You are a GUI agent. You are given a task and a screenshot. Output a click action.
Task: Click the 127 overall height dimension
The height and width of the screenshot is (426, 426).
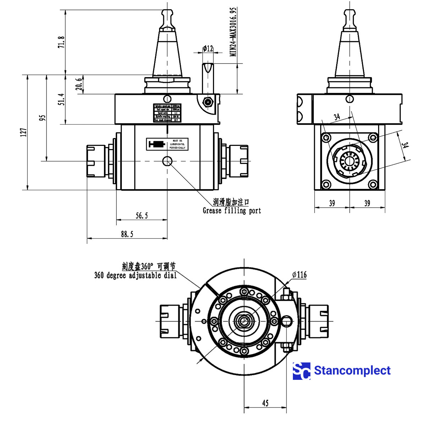pyautogui.click(x=24, y=132)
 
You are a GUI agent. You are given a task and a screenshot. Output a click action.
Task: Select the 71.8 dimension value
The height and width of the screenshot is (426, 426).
pyautogui.click(x=61, y=42)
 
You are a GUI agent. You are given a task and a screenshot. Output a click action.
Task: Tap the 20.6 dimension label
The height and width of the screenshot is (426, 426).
pyautogui.click(x=79, y=84)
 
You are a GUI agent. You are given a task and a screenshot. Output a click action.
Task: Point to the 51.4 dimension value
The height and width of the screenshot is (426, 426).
pyautogui.click(x=61, y=100)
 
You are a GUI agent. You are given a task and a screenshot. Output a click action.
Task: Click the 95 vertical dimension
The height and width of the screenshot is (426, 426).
pyautogui.click(x=42, y=118)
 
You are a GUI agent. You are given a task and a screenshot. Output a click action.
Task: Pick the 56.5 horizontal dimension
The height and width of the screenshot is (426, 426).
pyautogui.click(x=142, y=215)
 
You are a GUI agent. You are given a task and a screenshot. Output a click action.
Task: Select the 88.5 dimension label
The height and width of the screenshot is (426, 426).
pyautogui.click(x=127, y=234)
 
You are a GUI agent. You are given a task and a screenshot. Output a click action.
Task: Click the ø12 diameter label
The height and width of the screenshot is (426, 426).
pyautogui.click(x=208, y=48)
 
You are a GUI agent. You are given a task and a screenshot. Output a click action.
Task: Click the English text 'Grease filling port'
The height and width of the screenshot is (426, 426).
pyautogui.click(x=232, y=211)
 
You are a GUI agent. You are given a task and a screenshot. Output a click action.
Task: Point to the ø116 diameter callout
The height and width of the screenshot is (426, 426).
pyautogui.click(x=299, y=274)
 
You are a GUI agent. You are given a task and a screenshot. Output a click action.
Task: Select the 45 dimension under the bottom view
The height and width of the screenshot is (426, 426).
pyautogui.click(x=265, y=403)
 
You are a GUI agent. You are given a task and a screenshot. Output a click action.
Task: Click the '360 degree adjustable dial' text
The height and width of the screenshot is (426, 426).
pyautogui.click(x=135, y=275)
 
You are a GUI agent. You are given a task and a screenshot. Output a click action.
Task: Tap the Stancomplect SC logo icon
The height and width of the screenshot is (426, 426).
pyautogui.click(x=301, y=371)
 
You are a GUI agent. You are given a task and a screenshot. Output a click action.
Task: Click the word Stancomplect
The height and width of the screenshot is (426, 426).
pyautogui.click(x=352, y=371)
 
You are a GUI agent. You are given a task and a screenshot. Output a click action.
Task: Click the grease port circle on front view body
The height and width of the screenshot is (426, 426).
pyautogui.click(x=167, y=162)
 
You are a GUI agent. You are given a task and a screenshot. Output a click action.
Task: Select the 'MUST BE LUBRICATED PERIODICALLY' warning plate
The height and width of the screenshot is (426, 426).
pyautogui.click(x=167, y=144)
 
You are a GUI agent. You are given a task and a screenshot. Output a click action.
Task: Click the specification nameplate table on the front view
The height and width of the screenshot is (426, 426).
pyautogui.click(x=167, y=113)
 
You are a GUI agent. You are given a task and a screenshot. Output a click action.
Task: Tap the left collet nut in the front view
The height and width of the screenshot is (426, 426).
pyautogui.click(x=96, y=161)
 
